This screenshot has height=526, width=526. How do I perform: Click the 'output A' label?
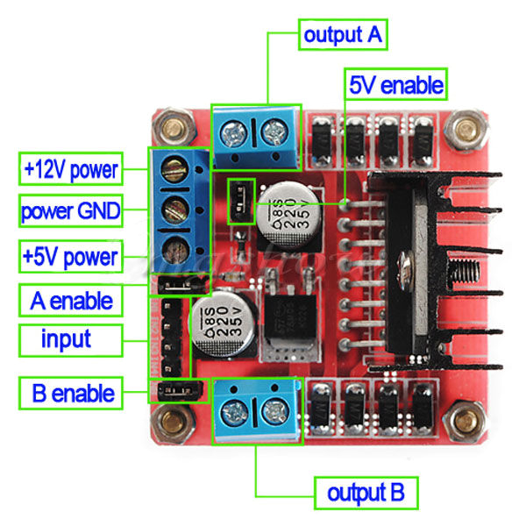(x=343, y=36)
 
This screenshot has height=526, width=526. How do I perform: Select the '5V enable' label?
(x=396, y=86)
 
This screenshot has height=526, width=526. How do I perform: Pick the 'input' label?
(x=67, y=338)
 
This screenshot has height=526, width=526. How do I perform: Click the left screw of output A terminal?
(x=234, y=134)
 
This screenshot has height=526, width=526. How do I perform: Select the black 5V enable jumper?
(x=238, y=202)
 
